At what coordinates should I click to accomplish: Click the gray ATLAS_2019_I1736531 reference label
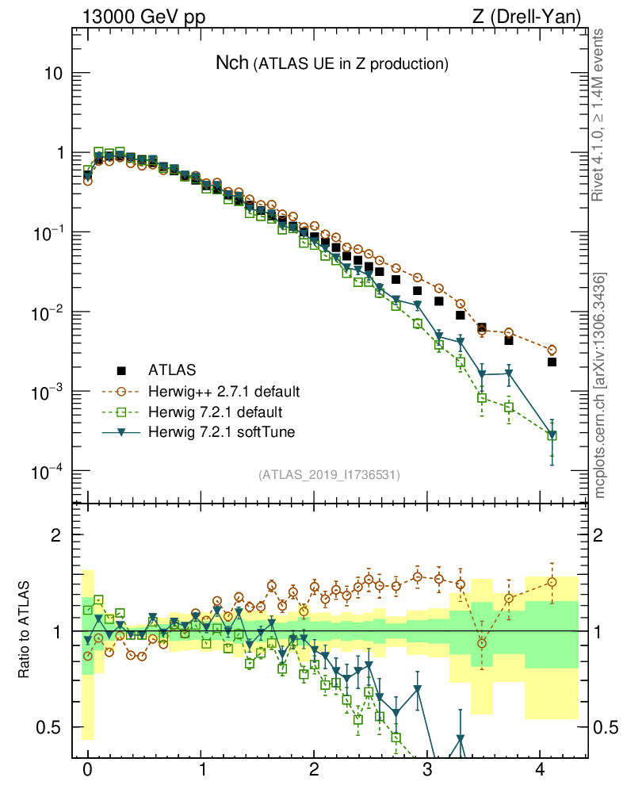point(329,475)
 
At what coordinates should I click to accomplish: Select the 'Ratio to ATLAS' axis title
point(25,630)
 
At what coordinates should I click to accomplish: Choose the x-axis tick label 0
point(87,770)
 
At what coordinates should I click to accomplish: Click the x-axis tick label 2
point(314,770)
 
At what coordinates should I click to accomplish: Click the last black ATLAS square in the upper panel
point(552,362)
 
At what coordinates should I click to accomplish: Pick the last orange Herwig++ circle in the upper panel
point(552,350)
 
